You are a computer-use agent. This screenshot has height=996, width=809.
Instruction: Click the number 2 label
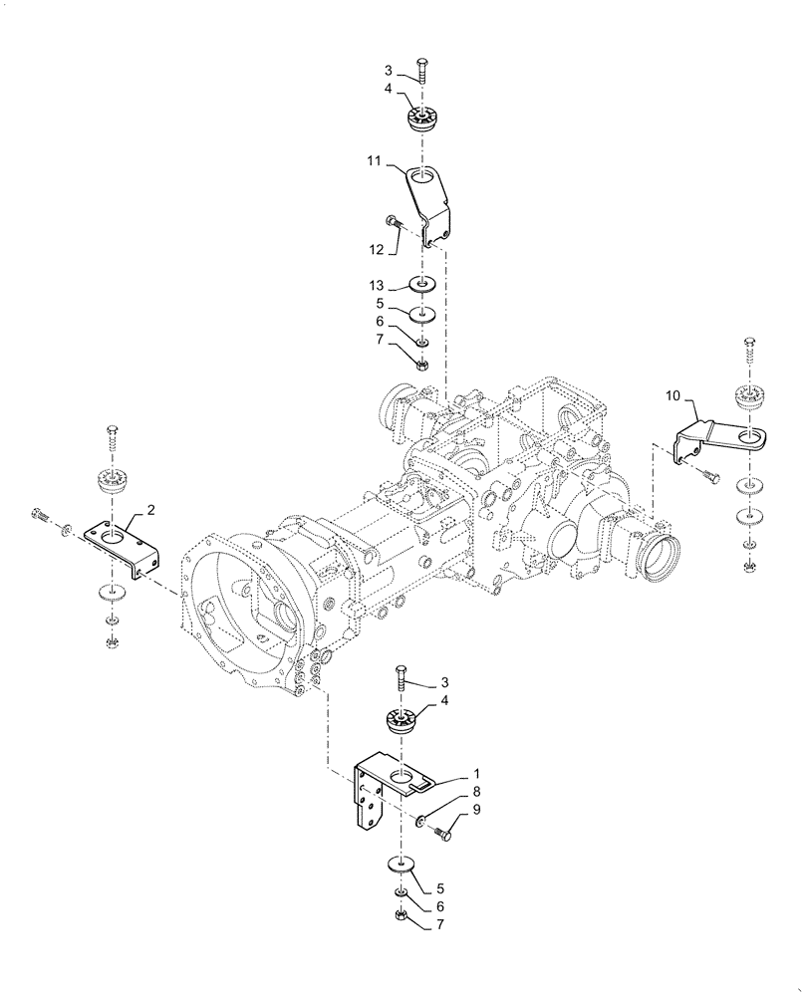tap(150, 510)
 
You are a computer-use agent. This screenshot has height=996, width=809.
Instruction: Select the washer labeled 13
tap(421, 285)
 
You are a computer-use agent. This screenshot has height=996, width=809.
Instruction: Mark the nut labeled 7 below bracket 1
tap(400, 913)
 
